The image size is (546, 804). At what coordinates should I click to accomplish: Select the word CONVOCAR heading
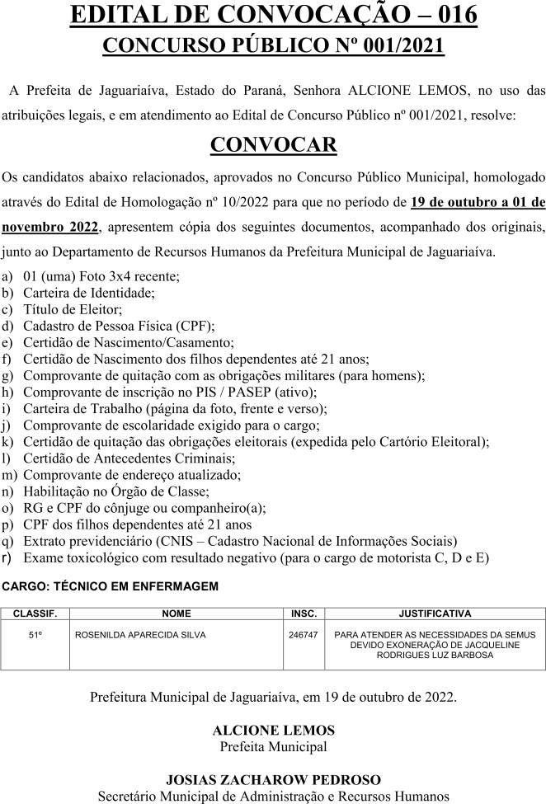coord(273,145)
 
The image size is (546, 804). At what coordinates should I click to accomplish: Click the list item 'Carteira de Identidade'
coord(89,292)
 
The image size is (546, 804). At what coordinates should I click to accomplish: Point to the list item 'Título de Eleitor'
coord(73,309)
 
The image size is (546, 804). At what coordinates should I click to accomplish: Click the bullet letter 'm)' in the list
coord(11,475)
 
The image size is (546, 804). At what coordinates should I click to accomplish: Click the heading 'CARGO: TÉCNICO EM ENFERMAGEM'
coord(111,586)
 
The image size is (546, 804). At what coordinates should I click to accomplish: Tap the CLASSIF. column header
coord(35,614)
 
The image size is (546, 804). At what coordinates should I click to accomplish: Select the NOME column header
coord(177,614)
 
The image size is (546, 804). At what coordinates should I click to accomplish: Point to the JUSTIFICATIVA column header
coord(435,614)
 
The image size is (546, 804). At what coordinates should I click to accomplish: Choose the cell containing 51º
coord(35,635)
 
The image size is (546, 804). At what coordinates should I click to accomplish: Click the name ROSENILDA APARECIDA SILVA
coord(140,635)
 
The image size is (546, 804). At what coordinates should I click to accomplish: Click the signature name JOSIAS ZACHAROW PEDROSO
coord(273,780)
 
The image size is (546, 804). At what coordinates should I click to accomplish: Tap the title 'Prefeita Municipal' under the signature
coord(273,747)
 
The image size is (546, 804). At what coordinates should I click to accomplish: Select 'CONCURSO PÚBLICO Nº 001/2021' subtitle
coord(273,45)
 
